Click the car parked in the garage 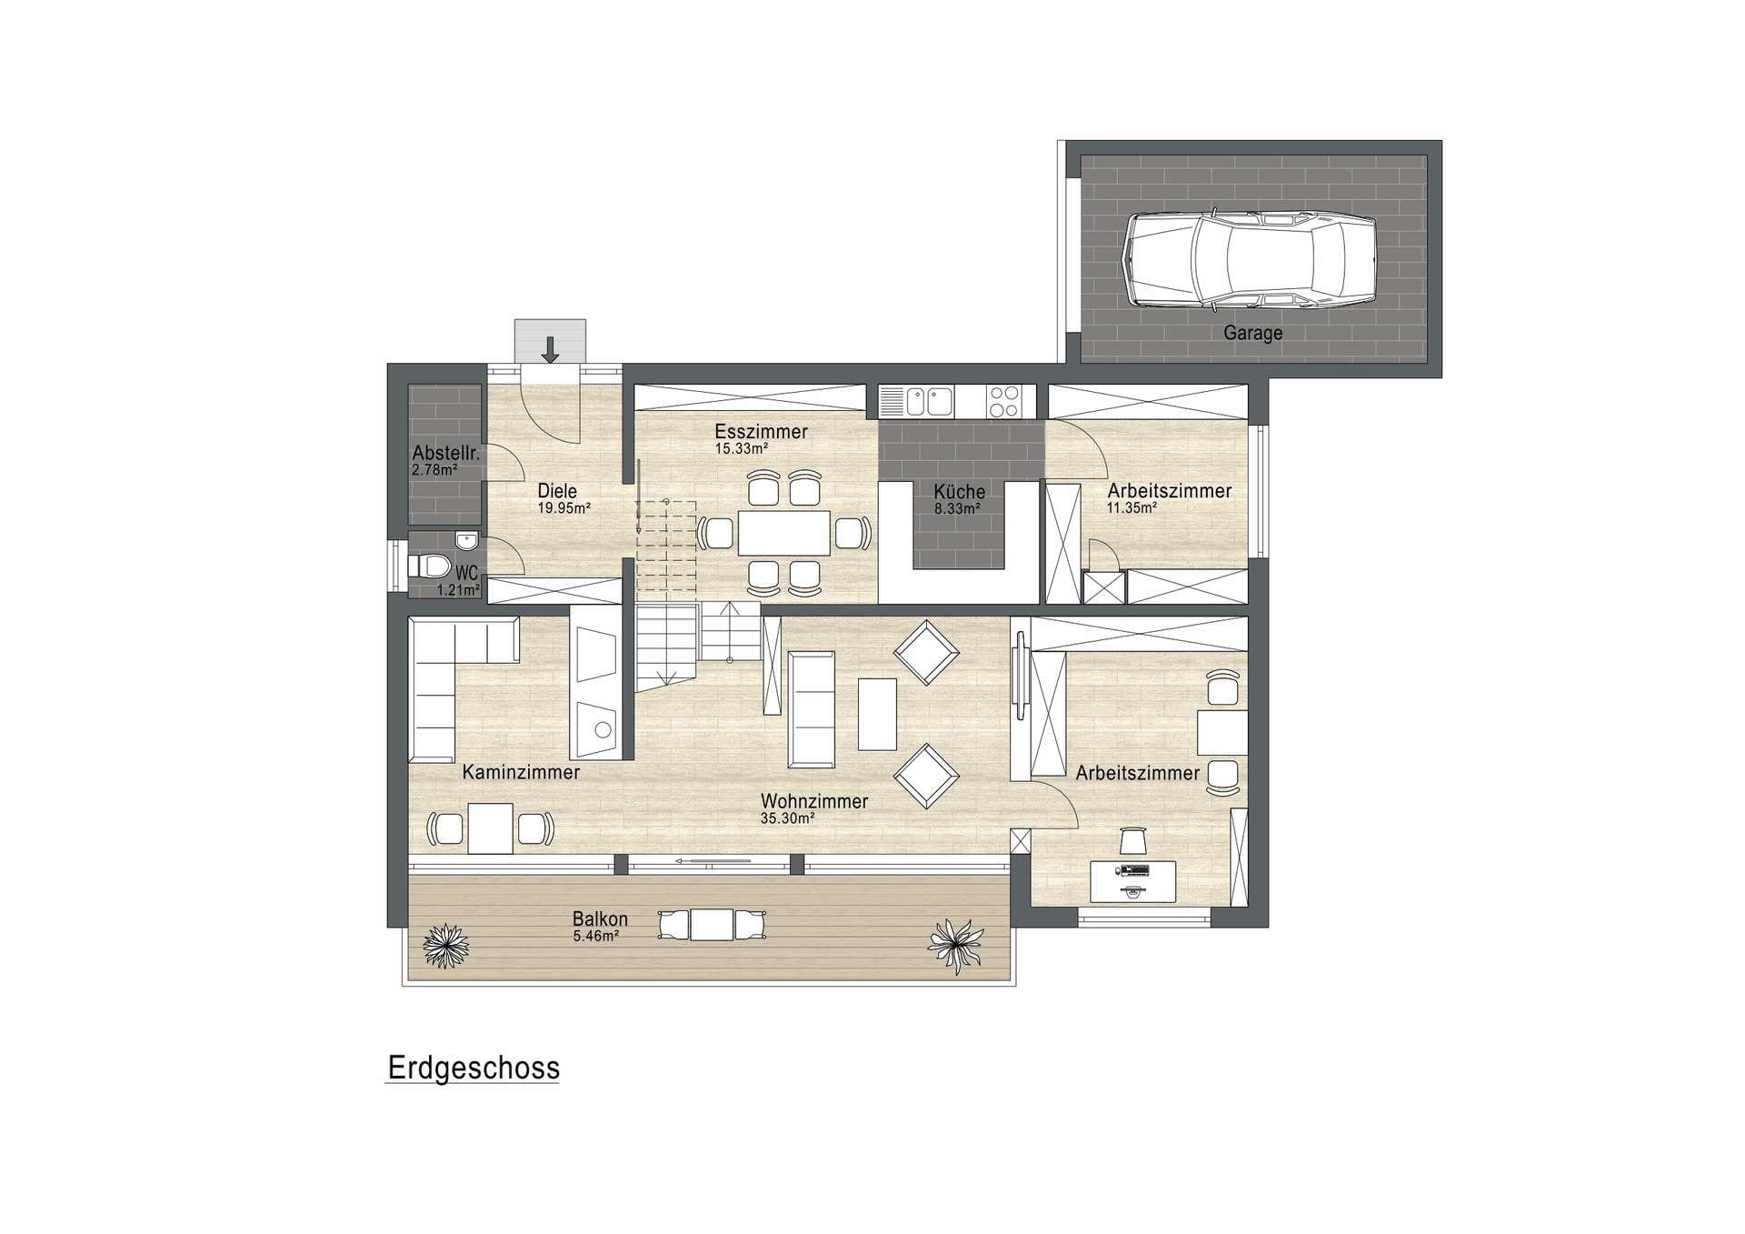[x=1250, y=259]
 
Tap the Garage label [x=1252, y=333]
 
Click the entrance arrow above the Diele [x=550, y=349]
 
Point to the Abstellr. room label [x=445, y=453]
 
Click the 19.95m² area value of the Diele [x=563, y=508]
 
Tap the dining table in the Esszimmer [x=784, y=533]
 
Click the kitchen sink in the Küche [x=916, y=401]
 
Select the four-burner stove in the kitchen [x=1003, y=401]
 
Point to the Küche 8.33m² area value [x=957, y=509]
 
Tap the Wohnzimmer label [x=814, y=801]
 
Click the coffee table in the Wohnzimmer [x=877, y=714]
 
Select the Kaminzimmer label [x=521, y=772]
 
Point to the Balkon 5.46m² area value [x=595, y=936]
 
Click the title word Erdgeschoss [x=474, y=1068]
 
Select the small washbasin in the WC [x=467, y=541]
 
